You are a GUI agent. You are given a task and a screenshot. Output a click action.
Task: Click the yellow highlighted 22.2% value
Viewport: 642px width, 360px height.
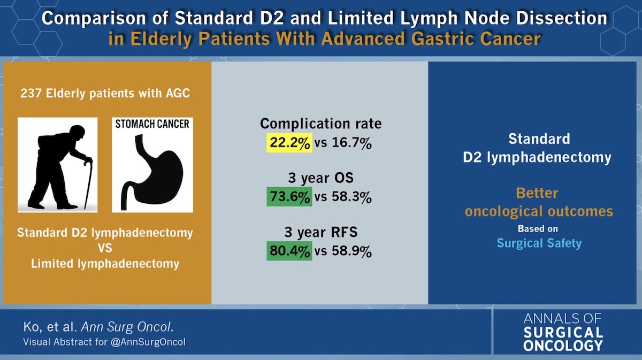tap(289, 144)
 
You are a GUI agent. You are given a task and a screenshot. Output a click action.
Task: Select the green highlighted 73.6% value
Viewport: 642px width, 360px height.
tap(289, 197)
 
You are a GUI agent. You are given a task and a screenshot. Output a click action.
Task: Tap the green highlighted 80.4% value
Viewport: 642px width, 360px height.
tap(289, 251)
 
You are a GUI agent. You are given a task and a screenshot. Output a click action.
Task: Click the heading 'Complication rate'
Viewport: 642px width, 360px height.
tap(320, 124)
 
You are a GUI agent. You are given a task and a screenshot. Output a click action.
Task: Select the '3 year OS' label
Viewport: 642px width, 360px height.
tap(320, 177)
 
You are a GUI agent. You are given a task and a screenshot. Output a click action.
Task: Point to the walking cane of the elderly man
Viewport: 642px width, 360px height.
tap(88, 182)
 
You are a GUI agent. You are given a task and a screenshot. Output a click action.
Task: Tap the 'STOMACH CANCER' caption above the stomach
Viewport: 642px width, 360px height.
tap(152, 124)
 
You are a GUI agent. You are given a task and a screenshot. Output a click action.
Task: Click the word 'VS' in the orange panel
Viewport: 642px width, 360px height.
tap(105, 249)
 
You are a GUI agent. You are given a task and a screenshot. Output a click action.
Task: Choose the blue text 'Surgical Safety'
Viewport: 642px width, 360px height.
tap(539, 243)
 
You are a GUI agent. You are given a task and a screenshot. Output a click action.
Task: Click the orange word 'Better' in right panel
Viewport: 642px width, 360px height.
tap(539, 193)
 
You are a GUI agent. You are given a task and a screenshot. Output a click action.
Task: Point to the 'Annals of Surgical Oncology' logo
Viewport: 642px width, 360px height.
tap(563, 332)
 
